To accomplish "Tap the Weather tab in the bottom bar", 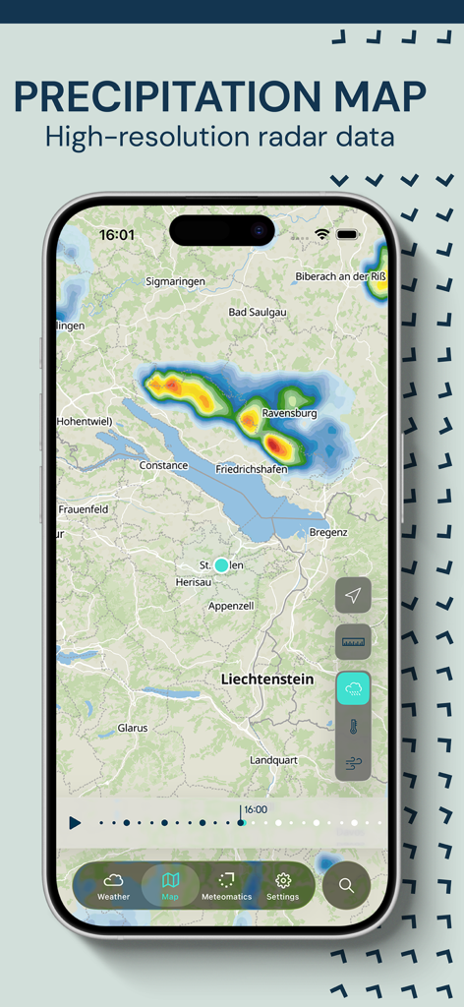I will pyautogui.click(x=113, y=885).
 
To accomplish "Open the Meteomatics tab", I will pyautogui.click(x=226, y=885).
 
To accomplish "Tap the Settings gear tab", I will pyautogui.click(x=283, y=885).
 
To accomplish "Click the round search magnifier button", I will pyautogui.click(x=346, y=885).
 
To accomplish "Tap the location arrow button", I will pyautogui.click(x=353, y=595).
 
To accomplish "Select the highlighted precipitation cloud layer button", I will pyautogui.click(x=353, y=688).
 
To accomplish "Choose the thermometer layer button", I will pyautogui.click(x=353, y=727).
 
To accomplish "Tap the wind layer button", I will pyautogui.click(x=353, y=762).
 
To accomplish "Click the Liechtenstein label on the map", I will pyautogui.click(x=267, y=680).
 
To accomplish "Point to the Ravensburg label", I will pyautogui.click(x=289, y=414).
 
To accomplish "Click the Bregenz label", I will pyautogui.click(x=328, y=532).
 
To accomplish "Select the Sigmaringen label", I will pyautogui.click(x=175, y=282).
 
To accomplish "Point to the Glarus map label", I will pyautogui.click(x=133, y=729).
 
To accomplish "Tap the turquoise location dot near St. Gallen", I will pyautogui.click(x=221, y=565).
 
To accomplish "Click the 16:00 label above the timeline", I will pyautogui.click(x=255, y=809).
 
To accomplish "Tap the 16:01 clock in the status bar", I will pyautogui.click(x=117, y=235).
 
